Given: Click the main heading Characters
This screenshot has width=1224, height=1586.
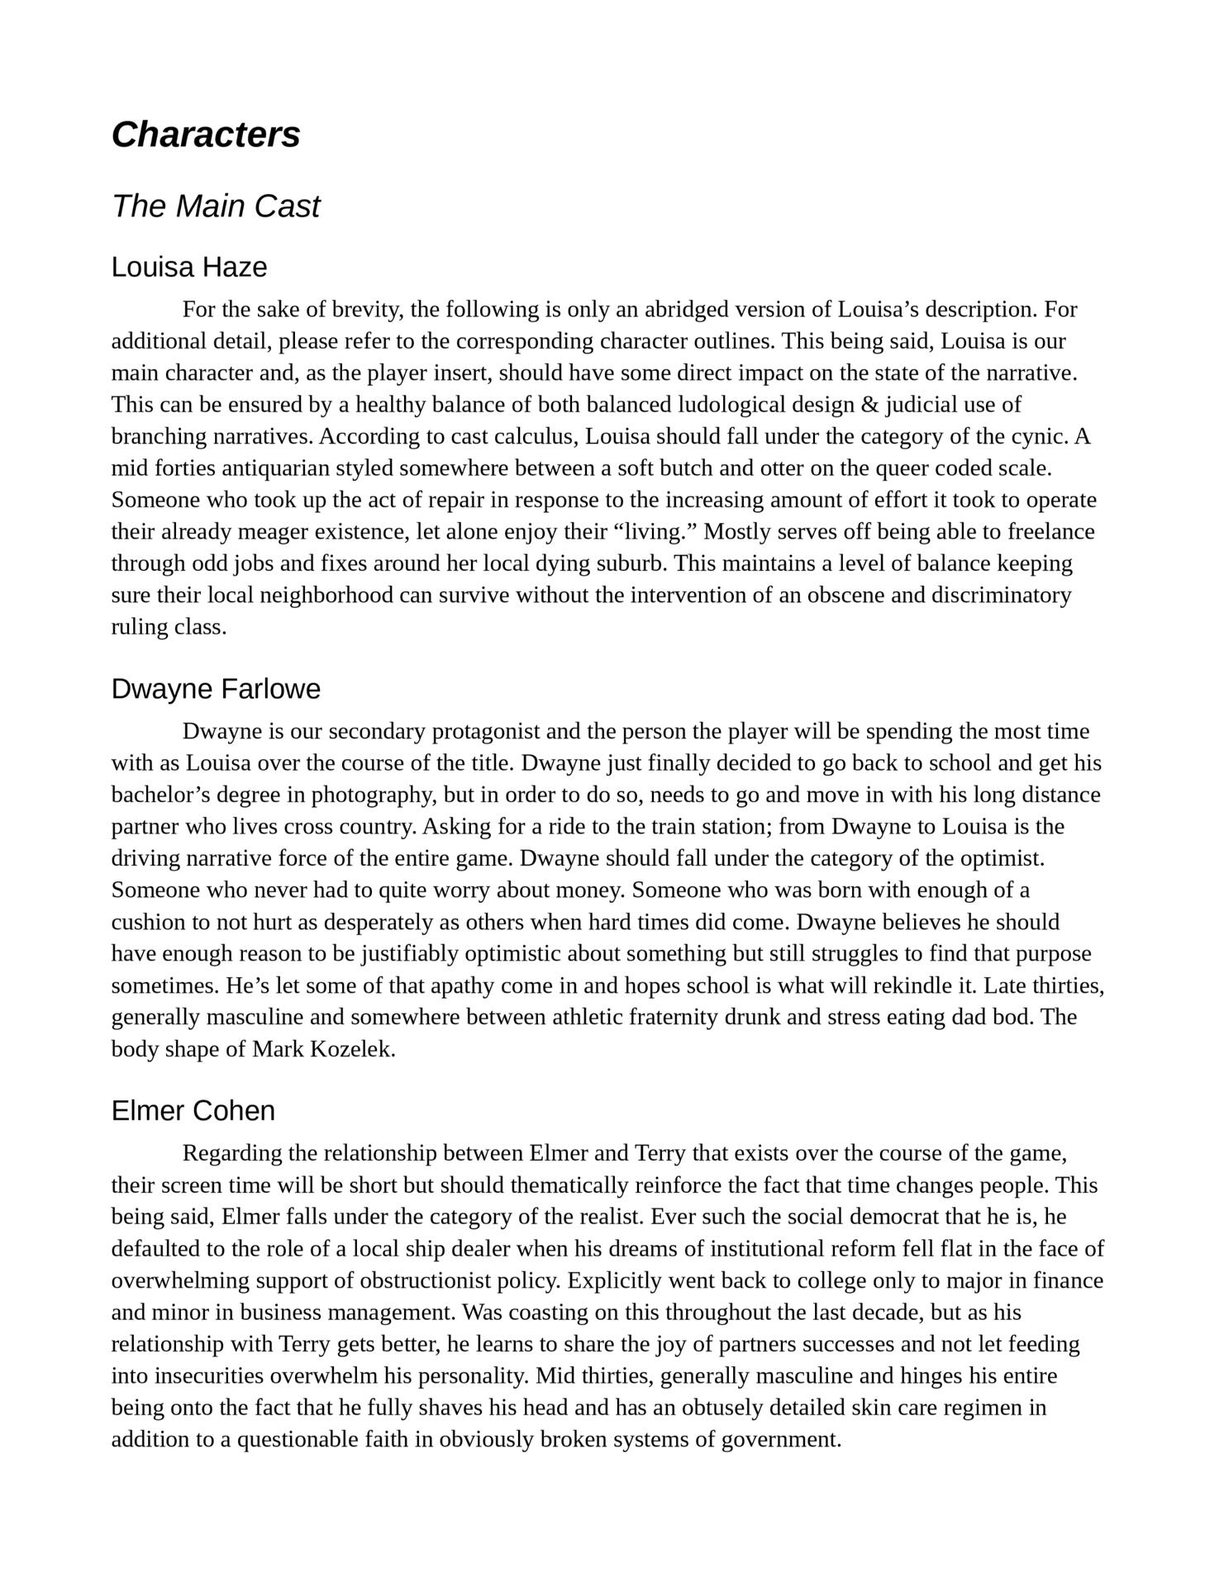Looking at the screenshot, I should [206, 135].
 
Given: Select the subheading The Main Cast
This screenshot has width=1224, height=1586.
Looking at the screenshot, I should [215, 206].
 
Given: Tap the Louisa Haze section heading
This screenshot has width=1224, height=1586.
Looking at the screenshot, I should [189, 268].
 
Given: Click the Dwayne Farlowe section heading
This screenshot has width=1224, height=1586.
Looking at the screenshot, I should [216, 689].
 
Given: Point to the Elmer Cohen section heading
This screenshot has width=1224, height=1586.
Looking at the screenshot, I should [193, 1111].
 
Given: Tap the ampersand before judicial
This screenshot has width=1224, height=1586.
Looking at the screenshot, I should [867, 405].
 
